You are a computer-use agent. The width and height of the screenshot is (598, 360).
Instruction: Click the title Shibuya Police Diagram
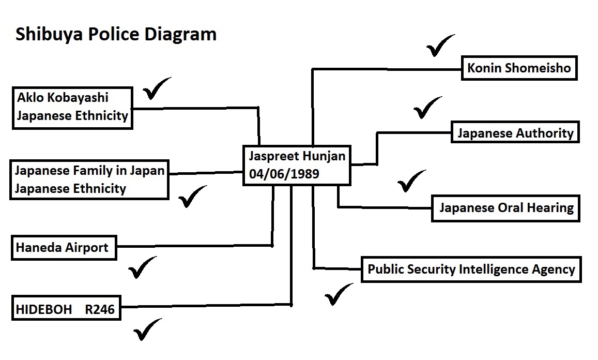(116, 34)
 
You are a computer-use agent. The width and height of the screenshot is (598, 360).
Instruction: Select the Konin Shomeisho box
(519, 68)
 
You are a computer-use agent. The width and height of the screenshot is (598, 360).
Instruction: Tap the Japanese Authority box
(515, 132)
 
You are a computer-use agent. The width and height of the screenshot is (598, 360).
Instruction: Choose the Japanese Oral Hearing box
(505, 208)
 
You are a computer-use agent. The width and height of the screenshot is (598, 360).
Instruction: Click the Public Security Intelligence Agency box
(471, 269)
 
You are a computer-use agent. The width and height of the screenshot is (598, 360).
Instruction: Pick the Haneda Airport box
(64, 248)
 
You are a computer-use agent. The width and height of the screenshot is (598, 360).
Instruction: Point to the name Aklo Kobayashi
(63, 98)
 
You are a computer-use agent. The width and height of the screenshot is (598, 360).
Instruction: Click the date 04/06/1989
(284, 174)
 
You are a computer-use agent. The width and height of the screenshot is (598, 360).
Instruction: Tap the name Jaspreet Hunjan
(297, 156)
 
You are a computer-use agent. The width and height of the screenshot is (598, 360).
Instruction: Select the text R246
(100, 309)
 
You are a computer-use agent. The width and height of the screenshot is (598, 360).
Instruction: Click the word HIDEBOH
(44, 309)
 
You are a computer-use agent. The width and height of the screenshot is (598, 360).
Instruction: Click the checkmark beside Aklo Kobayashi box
(157, 88)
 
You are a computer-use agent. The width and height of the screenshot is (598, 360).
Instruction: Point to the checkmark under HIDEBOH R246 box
(148, 329)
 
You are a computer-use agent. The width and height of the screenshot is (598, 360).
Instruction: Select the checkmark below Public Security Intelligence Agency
(339, 294)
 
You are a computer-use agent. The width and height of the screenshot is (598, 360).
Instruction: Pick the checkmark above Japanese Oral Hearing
(412, 181)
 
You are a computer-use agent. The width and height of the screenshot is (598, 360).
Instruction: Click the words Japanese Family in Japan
(89, 170)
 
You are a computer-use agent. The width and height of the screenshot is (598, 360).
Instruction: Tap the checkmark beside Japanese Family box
(193, 196)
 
